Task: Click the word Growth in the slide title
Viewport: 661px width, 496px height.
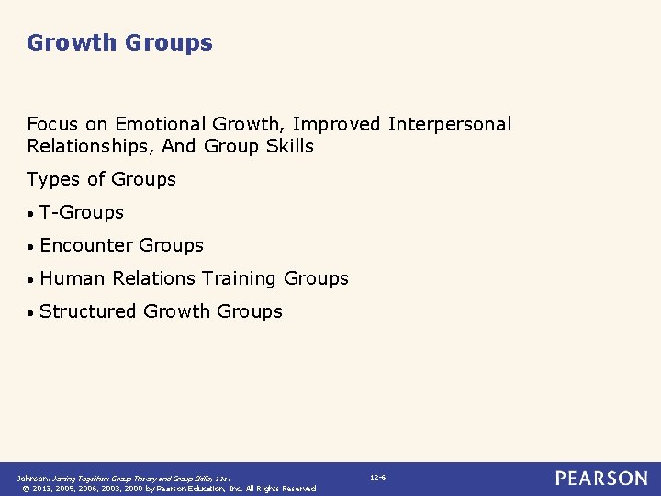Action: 73,43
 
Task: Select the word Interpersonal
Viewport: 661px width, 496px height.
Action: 450,124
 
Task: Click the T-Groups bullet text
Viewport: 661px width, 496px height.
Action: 82,212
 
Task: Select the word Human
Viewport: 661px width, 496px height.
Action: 73,278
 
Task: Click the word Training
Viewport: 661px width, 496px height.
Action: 240,278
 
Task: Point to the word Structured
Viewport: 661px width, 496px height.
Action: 88,311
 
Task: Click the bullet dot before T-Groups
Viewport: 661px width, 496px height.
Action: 31,214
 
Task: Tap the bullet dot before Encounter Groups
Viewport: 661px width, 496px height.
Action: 31,247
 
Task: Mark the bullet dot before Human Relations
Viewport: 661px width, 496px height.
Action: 31,280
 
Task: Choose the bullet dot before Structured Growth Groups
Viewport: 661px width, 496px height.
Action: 31,313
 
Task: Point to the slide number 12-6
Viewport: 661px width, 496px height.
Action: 377,478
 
